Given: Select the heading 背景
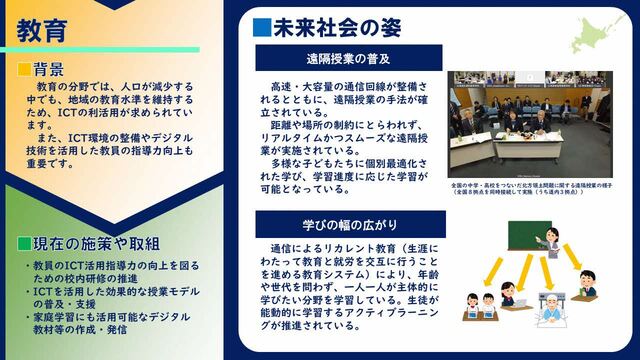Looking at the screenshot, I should tap(49, 70).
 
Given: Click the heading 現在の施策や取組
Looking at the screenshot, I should tap(96, 244).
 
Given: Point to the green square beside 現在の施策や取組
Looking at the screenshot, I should tap(23, 244).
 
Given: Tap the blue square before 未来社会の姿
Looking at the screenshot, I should tap(261, 25).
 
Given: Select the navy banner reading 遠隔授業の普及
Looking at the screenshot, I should tap(348, 57).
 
